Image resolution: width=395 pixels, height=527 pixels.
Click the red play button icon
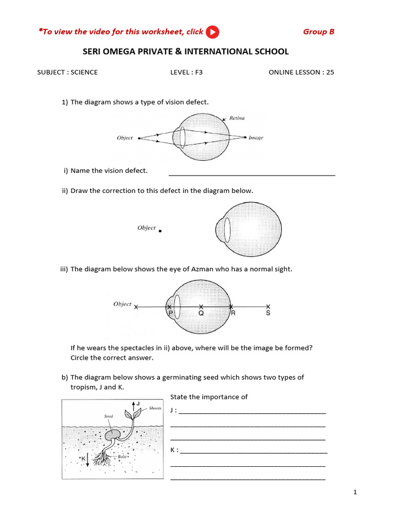212,32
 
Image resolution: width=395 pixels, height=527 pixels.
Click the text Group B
318,32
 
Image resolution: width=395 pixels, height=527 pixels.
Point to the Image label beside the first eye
256,138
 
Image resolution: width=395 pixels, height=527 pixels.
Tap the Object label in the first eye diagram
124,138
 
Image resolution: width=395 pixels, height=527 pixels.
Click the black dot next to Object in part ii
160,232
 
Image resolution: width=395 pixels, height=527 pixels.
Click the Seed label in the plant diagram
109,416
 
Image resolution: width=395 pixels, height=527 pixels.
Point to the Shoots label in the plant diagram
155,408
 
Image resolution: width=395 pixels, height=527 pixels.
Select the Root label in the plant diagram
122,456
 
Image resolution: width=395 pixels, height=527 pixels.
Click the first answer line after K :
254,452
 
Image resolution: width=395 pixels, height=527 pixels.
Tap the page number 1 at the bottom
355,493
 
